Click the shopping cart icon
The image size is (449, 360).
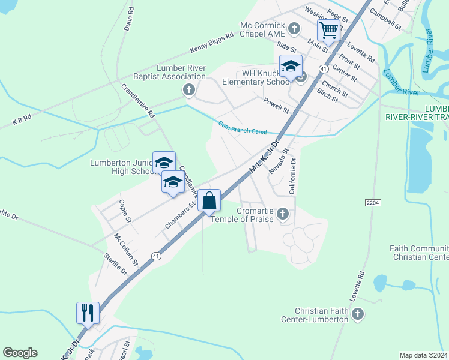(x=328, y=29)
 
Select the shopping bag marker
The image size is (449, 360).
(x=209, y=200)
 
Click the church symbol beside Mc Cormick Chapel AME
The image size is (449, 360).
(x=294, y=28)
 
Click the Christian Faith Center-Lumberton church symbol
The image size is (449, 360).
(x=358, y=314)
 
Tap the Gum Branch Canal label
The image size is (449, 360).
(x=242, y=127)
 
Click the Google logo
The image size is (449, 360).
(x=20, y=353)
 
